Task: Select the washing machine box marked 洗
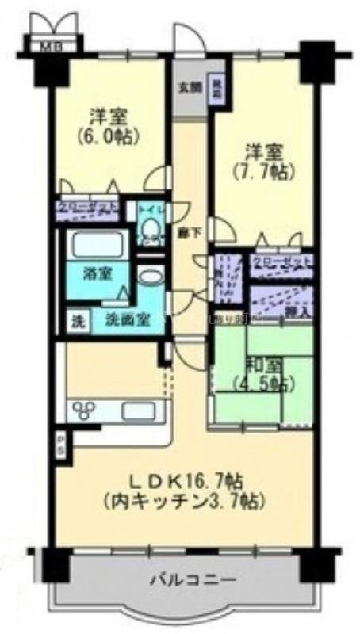click(x=77, y=323)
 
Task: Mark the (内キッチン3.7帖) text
click(x=183, y=502)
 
